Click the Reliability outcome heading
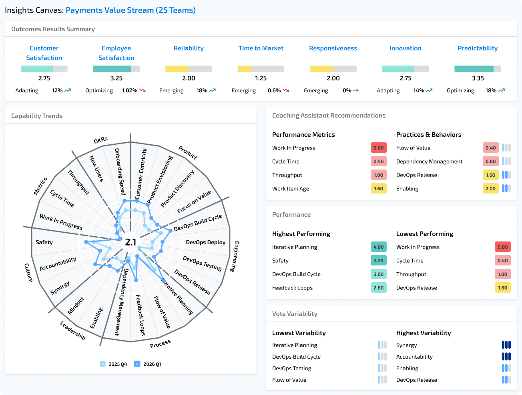click(189, 48)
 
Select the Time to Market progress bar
click(261, 69)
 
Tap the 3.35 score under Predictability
click(478, 78)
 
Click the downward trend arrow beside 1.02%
click(143, 91)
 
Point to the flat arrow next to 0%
click(355, 91)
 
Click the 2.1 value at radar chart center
click(130, 242)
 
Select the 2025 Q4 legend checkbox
click(103, 364)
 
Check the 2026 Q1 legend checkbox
click(137, 364)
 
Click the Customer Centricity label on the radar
click(141, 174)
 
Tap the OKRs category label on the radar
click(101, 140)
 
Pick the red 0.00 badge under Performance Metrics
click(378, 148)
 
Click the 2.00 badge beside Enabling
click(490, 189)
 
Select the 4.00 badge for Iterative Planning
click(378, 247)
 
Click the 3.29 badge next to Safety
click(378, 261)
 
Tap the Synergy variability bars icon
click(506, 345)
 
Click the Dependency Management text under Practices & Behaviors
click(429, 162)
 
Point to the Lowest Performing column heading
click(424, 234)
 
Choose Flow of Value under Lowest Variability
click(289, 380)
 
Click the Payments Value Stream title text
click(130, 10)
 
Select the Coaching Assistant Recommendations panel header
click(329, 116)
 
